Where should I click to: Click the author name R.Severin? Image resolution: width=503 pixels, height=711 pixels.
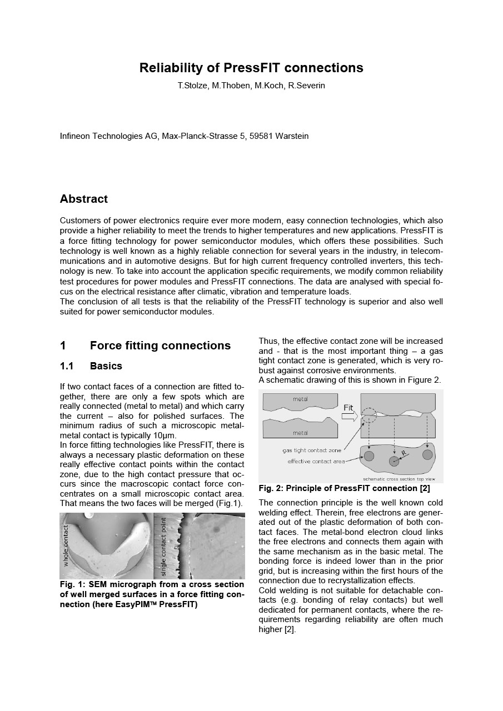pos(307,86)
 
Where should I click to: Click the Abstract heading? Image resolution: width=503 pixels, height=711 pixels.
pos(84,199)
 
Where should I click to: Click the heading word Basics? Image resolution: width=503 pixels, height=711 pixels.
pos(106,366)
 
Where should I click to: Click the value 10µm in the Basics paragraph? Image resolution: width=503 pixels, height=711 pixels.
pos(165,435)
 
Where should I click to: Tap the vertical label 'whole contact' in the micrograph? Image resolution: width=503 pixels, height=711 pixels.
pos(66,545)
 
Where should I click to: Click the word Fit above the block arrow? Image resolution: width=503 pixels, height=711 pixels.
pos(348,408)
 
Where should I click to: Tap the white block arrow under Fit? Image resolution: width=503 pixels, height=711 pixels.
pos(349,417)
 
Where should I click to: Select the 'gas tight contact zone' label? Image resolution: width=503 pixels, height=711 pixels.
pos(312,450)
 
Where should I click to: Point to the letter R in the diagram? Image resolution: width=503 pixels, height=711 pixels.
pos(404,454)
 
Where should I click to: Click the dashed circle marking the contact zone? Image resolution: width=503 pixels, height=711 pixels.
pos(368,415)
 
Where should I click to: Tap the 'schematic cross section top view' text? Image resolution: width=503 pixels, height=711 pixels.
pos(399,479)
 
